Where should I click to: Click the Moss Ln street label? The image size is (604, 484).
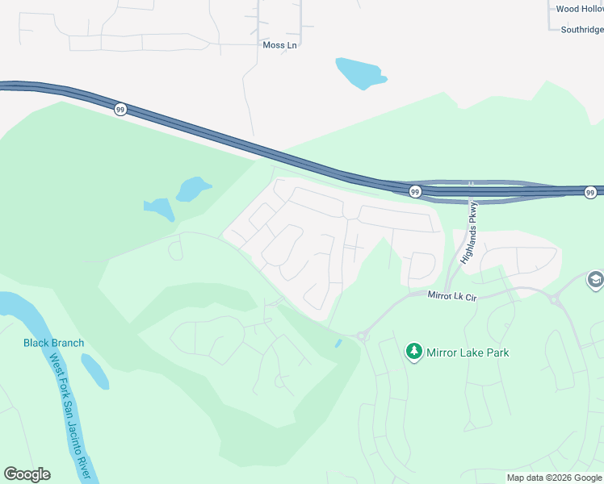pos(280,45)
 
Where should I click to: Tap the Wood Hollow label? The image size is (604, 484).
pos(579,10)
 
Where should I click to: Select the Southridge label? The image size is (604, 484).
pos(581,30)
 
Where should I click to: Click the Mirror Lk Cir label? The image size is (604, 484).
pos(454,296)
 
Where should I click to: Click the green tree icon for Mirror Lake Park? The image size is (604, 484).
pos(414,352)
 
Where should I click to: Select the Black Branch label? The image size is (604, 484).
pos(53,343)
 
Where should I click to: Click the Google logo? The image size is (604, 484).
pos(27,474)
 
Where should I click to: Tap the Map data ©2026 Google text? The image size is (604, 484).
pos(555,478)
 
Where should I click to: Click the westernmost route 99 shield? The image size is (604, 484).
pos(120,110)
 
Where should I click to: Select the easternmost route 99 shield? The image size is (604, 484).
pos(590,192)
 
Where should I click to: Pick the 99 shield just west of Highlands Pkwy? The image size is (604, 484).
pos(414,192)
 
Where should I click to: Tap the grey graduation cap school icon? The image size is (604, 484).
pos(595,280)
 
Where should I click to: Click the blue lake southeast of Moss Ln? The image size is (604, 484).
pos(359,73)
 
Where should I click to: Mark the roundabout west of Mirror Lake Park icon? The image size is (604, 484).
pos(363,336)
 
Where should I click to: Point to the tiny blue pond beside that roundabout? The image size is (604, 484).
pos(338,344)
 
